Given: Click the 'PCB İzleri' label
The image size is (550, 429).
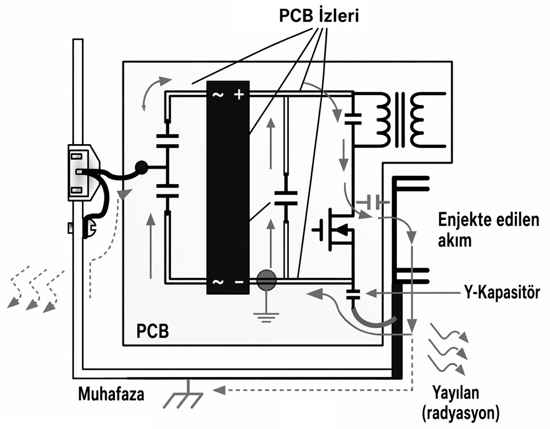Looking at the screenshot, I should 319,17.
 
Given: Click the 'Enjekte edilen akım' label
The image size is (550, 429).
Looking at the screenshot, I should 488,230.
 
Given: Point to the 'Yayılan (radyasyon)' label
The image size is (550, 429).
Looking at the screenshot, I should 460,403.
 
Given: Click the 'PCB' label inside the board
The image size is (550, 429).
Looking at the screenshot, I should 152,331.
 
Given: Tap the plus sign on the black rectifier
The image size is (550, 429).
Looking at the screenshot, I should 238,95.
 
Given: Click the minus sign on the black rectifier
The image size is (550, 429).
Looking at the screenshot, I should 238,282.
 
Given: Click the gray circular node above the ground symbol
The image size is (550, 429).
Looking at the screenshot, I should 266,280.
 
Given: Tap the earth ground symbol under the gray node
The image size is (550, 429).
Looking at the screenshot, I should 266,317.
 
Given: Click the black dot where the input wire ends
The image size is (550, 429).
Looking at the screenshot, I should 141,167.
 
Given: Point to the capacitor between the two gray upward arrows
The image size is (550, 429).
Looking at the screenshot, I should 286,199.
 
